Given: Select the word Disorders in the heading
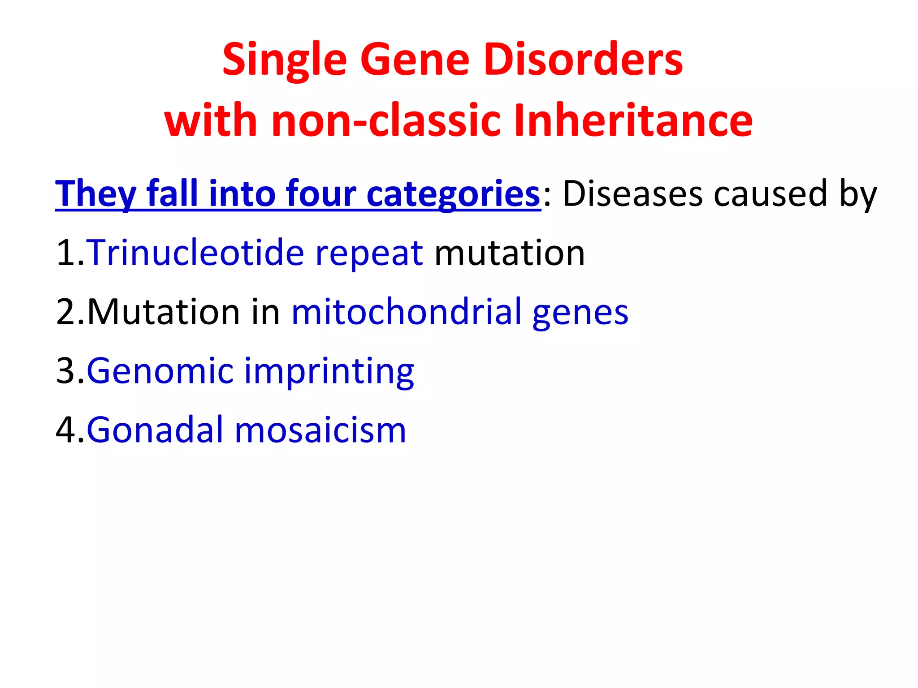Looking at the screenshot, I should point(583,60).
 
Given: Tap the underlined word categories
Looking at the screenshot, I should point(453,194).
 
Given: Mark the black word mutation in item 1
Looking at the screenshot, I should point(510,253).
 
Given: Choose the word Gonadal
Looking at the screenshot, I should point(155,430).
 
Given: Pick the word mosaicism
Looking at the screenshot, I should point(320,430).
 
